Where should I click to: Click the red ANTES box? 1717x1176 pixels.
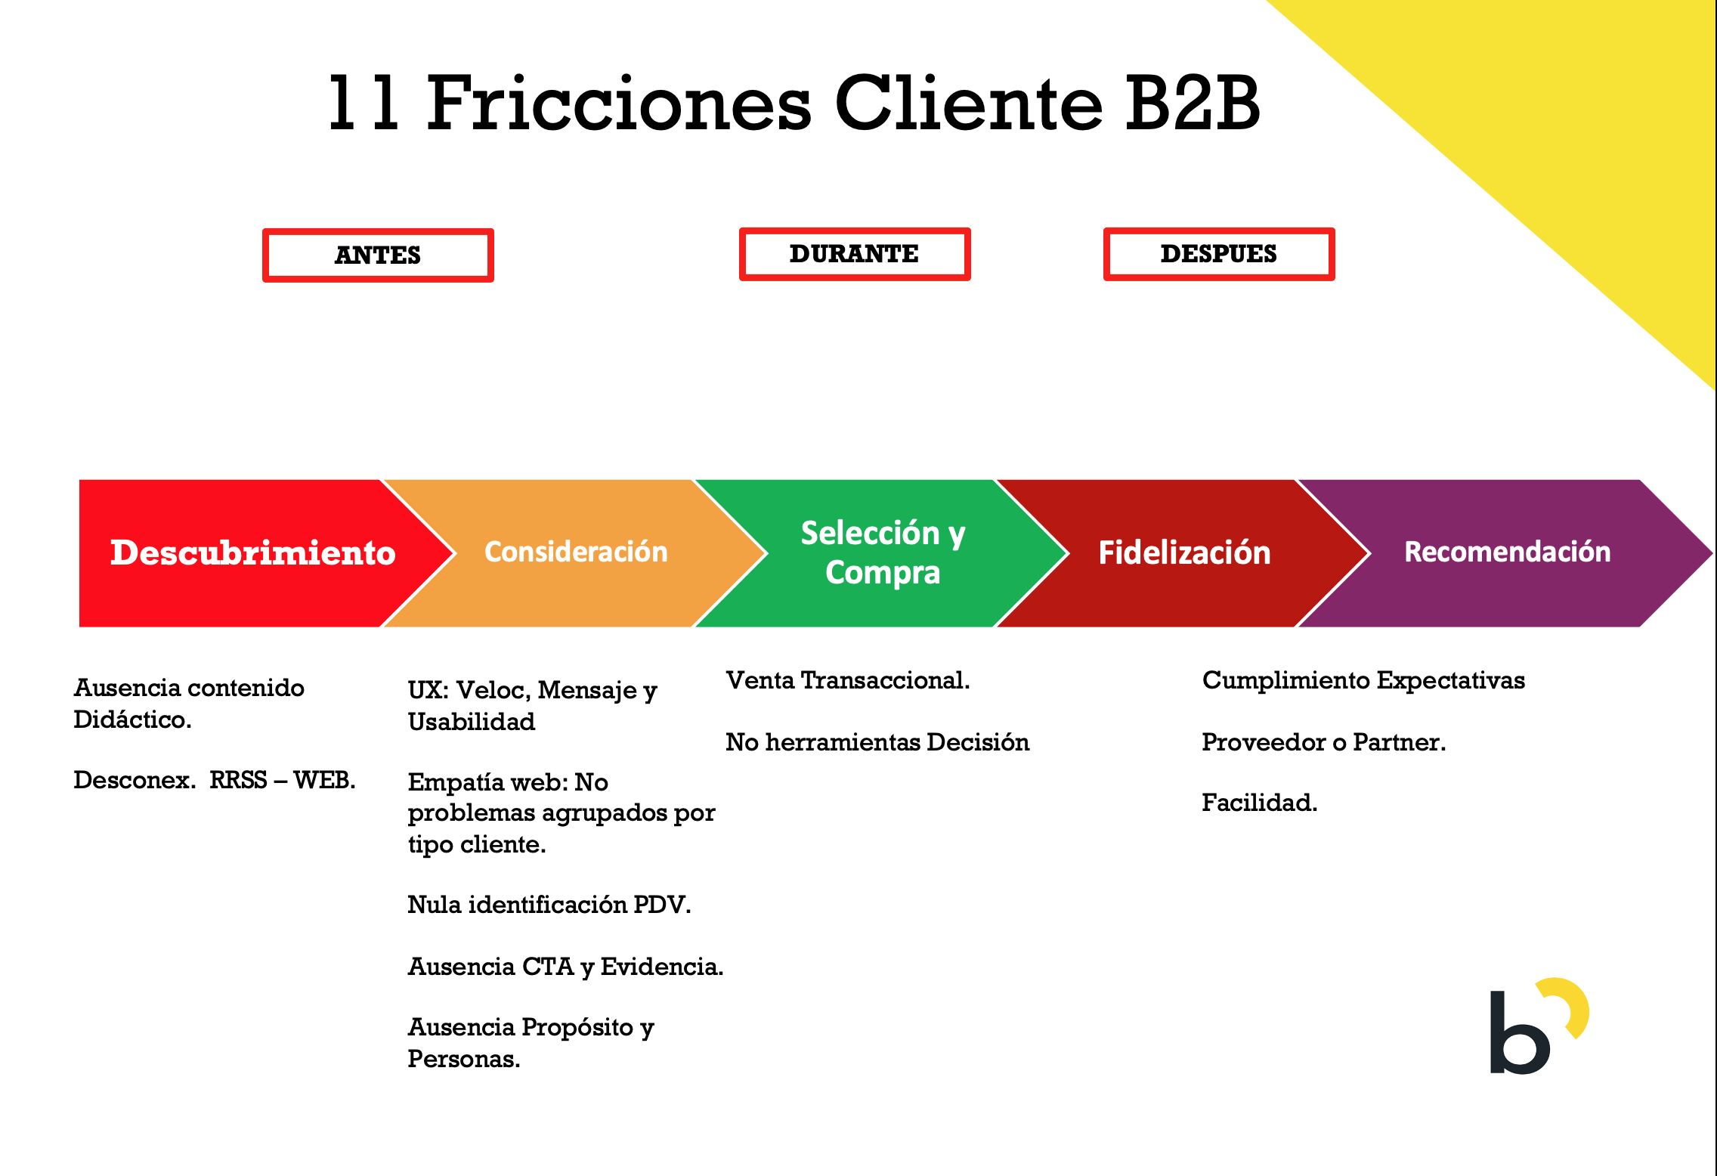coord(378,255)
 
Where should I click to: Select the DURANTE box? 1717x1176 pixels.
coord(855,254)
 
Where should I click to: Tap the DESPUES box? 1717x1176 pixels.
coord(1219,254)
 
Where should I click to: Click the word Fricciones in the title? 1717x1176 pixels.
coord(620,103)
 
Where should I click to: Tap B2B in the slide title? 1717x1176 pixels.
coord(1193,103)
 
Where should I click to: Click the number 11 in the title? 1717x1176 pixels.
coord(364,103)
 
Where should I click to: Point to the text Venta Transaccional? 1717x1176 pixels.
coord(847,680)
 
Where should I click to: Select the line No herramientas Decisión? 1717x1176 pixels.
coord(877,742)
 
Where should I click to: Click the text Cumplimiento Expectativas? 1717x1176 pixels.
coord(1363,681)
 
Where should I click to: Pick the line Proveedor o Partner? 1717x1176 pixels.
coord(1323,742)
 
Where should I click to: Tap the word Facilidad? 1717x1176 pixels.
coord(1259,802)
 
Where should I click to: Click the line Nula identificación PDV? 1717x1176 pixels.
coord(549,905)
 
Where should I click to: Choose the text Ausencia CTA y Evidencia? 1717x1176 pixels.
coord(565,967)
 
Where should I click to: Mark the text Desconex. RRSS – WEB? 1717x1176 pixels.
coord(215,780)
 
